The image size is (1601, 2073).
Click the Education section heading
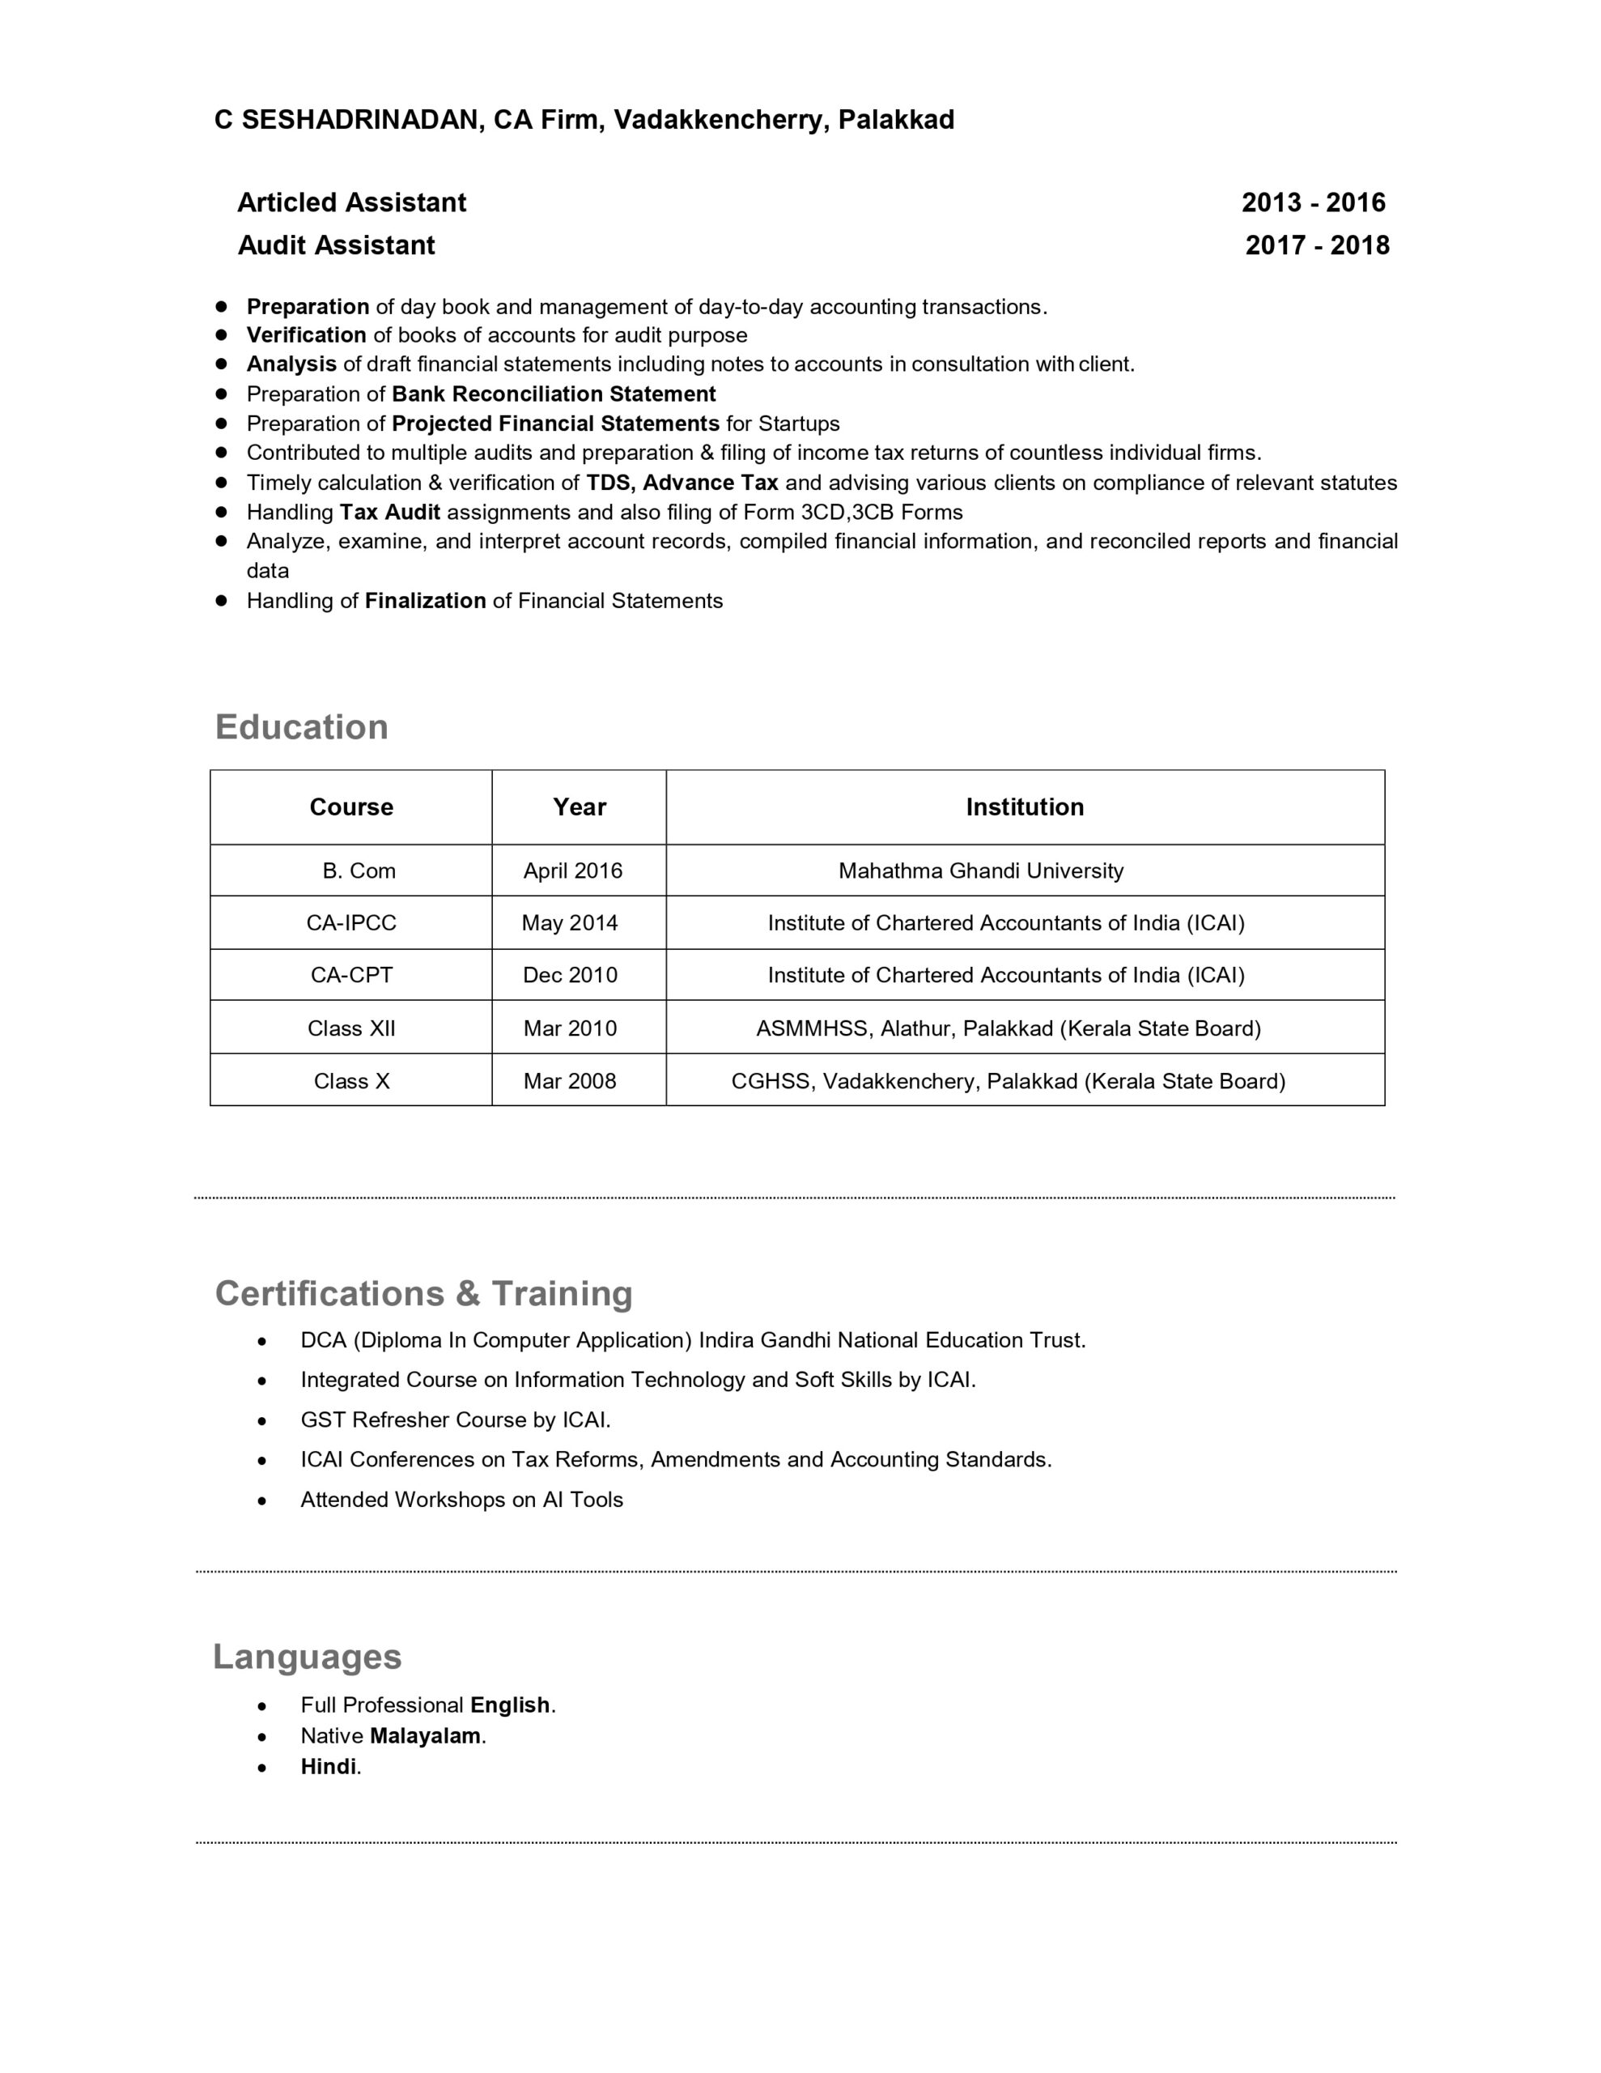pyautogui.click(x=302, y=727)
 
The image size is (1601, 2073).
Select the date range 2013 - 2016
pyautogui.click(x=1314, y=202)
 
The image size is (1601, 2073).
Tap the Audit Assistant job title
pyautogui.click(x=336, y=245)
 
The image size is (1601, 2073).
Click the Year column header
pyautogui.click(x=579, y=807)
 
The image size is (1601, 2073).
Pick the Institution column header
pyautogui.click(x=1024, y=807)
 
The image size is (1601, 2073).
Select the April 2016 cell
pyautogui.click(x=573, y=870)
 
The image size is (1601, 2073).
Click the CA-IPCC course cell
pyautogui.click(x=351, y=922)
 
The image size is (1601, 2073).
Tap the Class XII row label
pyautogui.click(x=351, y=1028)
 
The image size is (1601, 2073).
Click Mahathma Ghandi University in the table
pyautogui.click(x=980, y=870)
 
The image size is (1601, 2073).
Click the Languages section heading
pyautogui.click(x=308, y=1656)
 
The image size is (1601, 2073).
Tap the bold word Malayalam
pyautogui.click(x=425, y=1736)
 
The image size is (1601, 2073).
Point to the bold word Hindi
pyautogui.click(x=329, y=1766)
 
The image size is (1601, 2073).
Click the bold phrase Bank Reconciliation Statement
pyautogui.click(x=554, y=394)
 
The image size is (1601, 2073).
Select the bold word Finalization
pyautogui.click(x=425, y=601)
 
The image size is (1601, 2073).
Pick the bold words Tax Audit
pyautogui.click(x=390, y=513)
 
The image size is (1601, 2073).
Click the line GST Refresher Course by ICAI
pyautogui.click(x=456, y=1420)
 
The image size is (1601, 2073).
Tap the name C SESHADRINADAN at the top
pyautogui.click(x=346, y=121)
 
